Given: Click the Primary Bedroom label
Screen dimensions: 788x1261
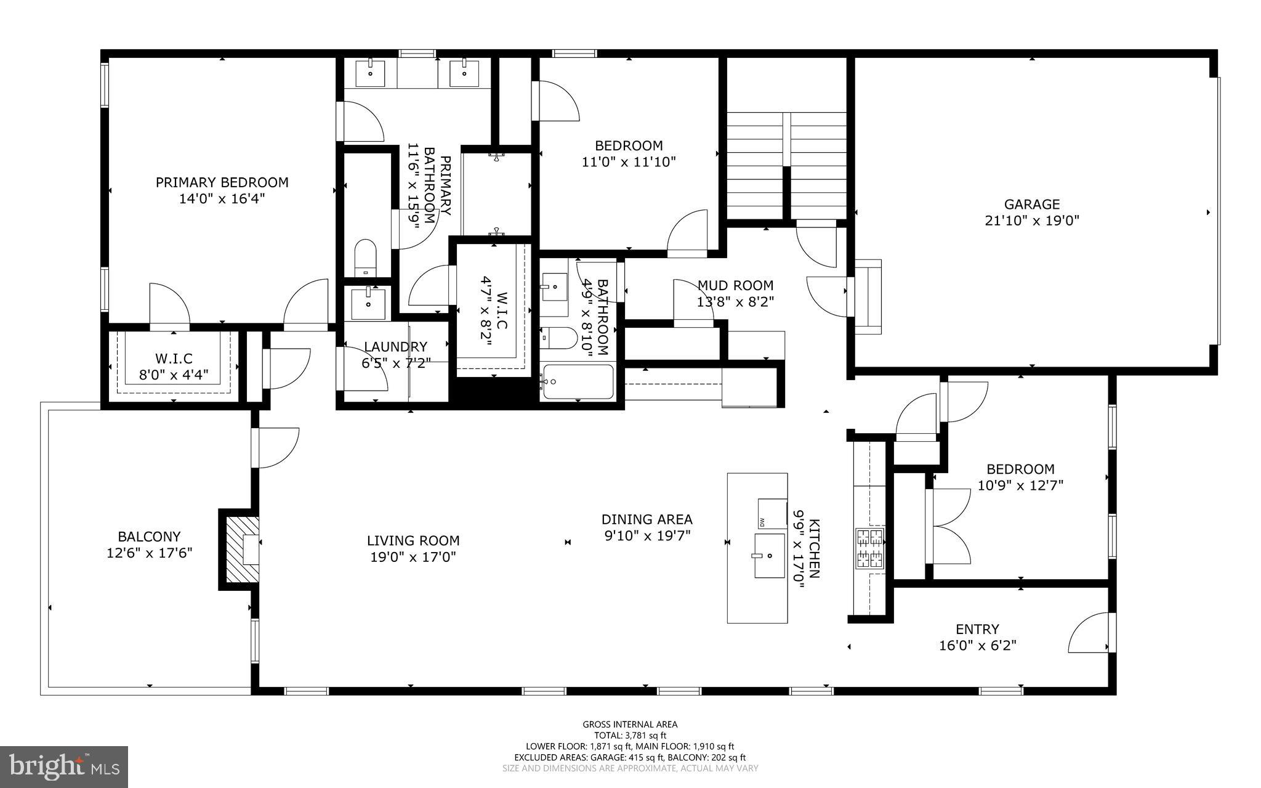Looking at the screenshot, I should [222, 182].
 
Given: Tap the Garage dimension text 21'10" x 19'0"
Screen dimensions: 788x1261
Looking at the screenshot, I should [1032, 221].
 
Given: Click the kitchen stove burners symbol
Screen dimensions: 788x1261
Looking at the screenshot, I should [869, 548].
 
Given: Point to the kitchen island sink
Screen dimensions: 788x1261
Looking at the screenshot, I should [770, 556].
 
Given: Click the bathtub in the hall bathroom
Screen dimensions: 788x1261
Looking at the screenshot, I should [578, 382].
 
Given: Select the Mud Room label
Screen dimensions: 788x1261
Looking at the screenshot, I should [735, 285].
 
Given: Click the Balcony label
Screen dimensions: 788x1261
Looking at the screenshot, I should [149, 537].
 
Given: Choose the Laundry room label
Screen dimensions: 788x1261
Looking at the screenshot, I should [395, 347].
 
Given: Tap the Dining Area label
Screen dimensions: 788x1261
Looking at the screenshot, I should [647, 519].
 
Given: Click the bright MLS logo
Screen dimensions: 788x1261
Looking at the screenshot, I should [64, 767].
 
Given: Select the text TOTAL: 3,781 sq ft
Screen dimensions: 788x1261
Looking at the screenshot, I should [630, 735].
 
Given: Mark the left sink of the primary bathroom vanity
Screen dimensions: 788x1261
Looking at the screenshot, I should [371, 73].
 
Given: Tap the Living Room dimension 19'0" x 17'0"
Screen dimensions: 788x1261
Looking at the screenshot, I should [413, 558].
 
